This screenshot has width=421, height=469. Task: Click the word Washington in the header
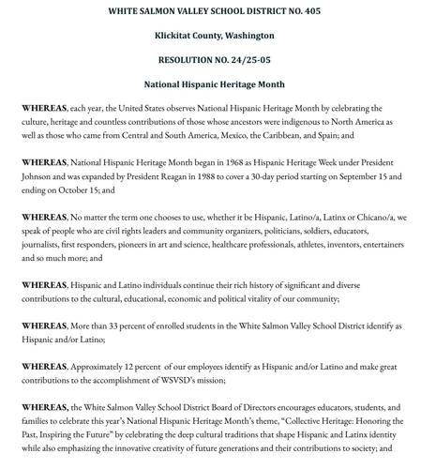(x=248, y=36)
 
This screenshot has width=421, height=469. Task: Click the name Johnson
(x=42, y=176)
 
